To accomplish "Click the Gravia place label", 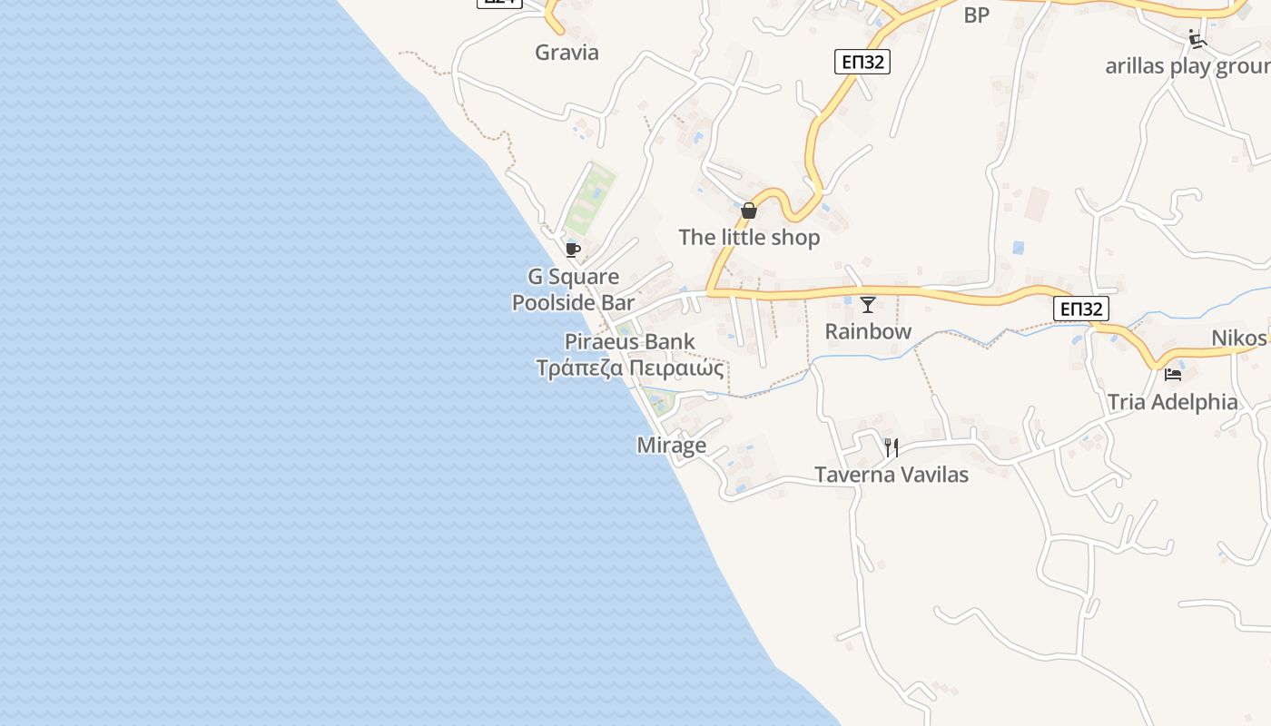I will coord(567,52).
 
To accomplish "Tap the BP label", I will coord(976,15).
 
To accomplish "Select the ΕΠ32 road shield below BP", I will coord(862,62).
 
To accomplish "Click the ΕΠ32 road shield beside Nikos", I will coord(1080,309).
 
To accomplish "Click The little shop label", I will coord(749,237).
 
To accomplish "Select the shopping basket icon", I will coord(749,211).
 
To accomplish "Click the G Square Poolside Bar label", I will coord(573,289).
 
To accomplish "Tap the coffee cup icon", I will coord(572,250).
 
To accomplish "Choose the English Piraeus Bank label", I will coord(630,342).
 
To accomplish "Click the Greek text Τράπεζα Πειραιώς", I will coord(630,368).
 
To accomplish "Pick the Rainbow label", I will coord(868,331).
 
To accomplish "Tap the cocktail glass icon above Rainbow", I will coord(868,305).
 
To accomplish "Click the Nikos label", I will coord(1238,338).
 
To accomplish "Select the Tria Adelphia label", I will coord(1172,402).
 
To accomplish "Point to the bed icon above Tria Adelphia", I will coord(1173,374).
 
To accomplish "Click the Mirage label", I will coord(671,446).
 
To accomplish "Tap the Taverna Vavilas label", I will coord(892,474).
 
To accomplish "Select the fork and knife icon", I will coord(892,446).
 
